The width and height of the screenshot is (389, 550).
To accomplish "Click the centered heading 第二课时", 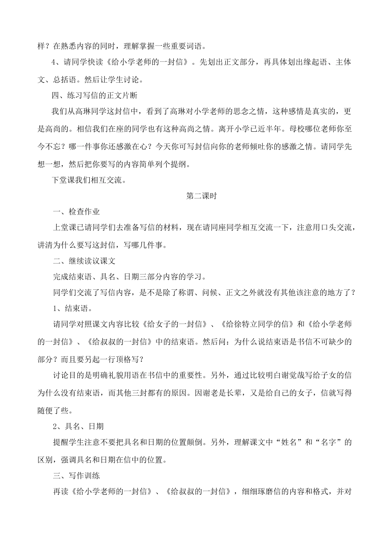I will [201, 196].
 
